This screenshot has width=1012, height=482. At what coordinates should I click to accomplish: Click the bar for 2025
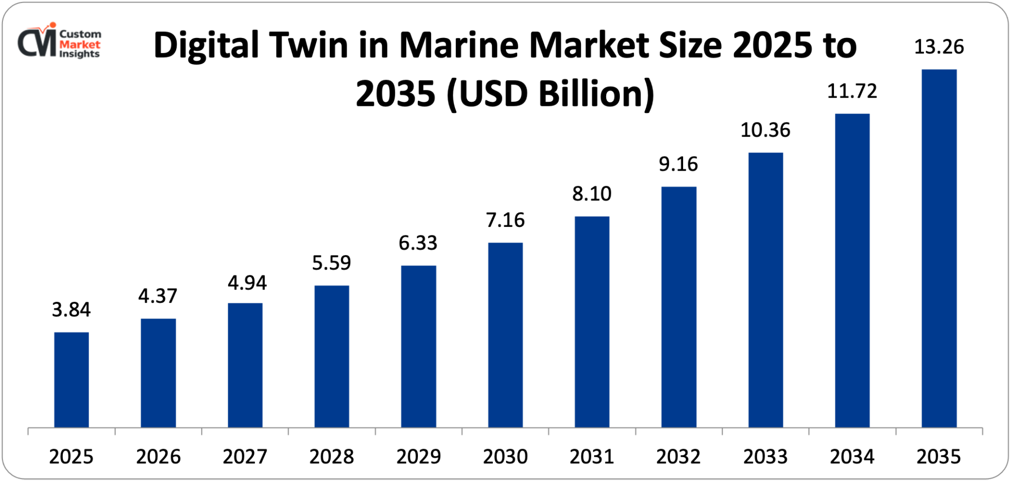[71, 380]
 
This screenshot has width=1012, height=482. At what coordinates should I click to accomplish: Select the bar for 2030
[505, 335]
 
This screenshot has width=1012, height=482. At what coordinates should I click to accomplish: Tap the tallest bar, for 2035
[939, 248]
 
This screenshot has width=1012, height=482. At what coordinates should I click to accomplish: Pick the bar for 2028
[331, 356]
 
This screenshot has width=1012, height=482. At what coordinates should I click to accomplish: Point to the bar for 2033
[765, 290]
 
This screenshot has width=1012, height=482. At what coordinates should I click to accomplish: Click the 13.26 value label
[939, 47]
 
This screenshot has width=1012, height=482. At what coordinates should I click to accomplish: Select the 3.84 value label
[71, 310]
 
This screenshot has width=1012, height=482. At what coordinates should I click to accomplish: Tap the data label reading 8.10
[592, 194]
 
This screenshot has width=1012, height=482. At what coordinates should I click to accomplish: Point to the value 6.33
[418, 243]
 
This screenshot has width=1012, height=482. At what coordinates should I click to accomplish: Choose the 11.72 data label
[852, 91]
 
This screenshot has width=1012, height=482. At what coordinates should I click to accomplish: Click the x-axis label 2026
[158, 457]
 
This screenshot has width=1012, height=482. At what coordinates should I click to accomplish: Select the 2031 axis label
[592, 457]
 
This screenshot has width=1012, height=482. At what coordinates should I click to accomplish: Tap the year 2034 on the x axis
[852, 457]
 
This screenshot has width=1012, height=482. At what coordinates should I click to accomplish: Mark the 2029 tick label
[418, 457]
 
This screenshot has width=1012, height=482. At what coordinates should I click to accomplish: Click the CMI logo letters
[37, 43]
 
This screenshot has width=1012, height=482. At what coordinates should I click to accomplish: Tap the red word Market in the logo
[80, 45]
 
